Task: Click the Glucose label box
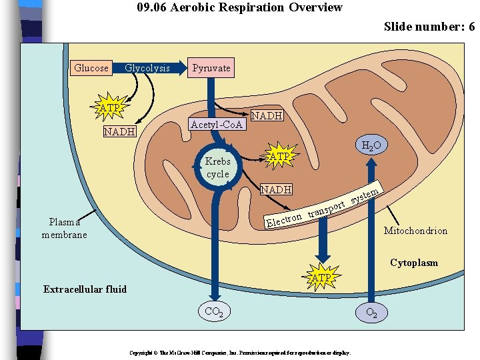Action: click(91, 68)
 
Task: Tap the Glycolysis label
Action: click(147, 68)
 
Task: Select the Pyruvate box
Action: click(211, 68)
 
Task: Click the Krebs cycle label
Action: click(217, 168)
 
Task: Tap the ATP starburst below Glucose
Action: click(109, 108)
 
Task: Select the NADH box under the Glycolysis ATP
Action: click(120, 132)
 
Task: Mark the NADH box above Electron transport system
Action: click(276, 190)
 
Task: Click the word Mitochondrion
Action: click(415, 231)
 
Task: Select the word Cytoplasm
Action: click(414, 263)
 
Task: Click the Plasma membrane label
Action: click(64, 229)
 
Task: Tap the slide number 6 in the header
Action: click(471, 27)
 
